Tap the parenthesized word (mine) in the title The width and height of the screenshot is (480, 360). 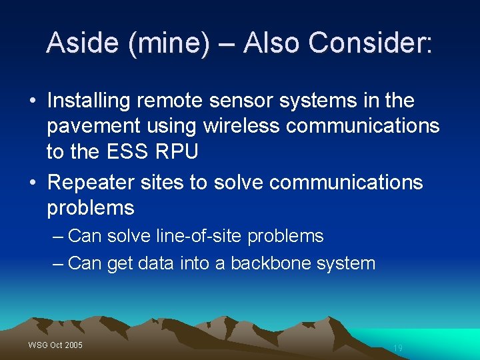169,44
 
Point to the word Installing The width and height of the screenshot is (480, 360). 89,101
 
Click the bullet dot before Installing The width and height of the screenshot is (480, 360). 32,101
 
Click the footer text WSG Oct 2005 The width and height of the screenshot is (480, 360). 55,345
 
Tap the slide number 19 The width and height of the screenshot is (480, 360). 398,348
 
